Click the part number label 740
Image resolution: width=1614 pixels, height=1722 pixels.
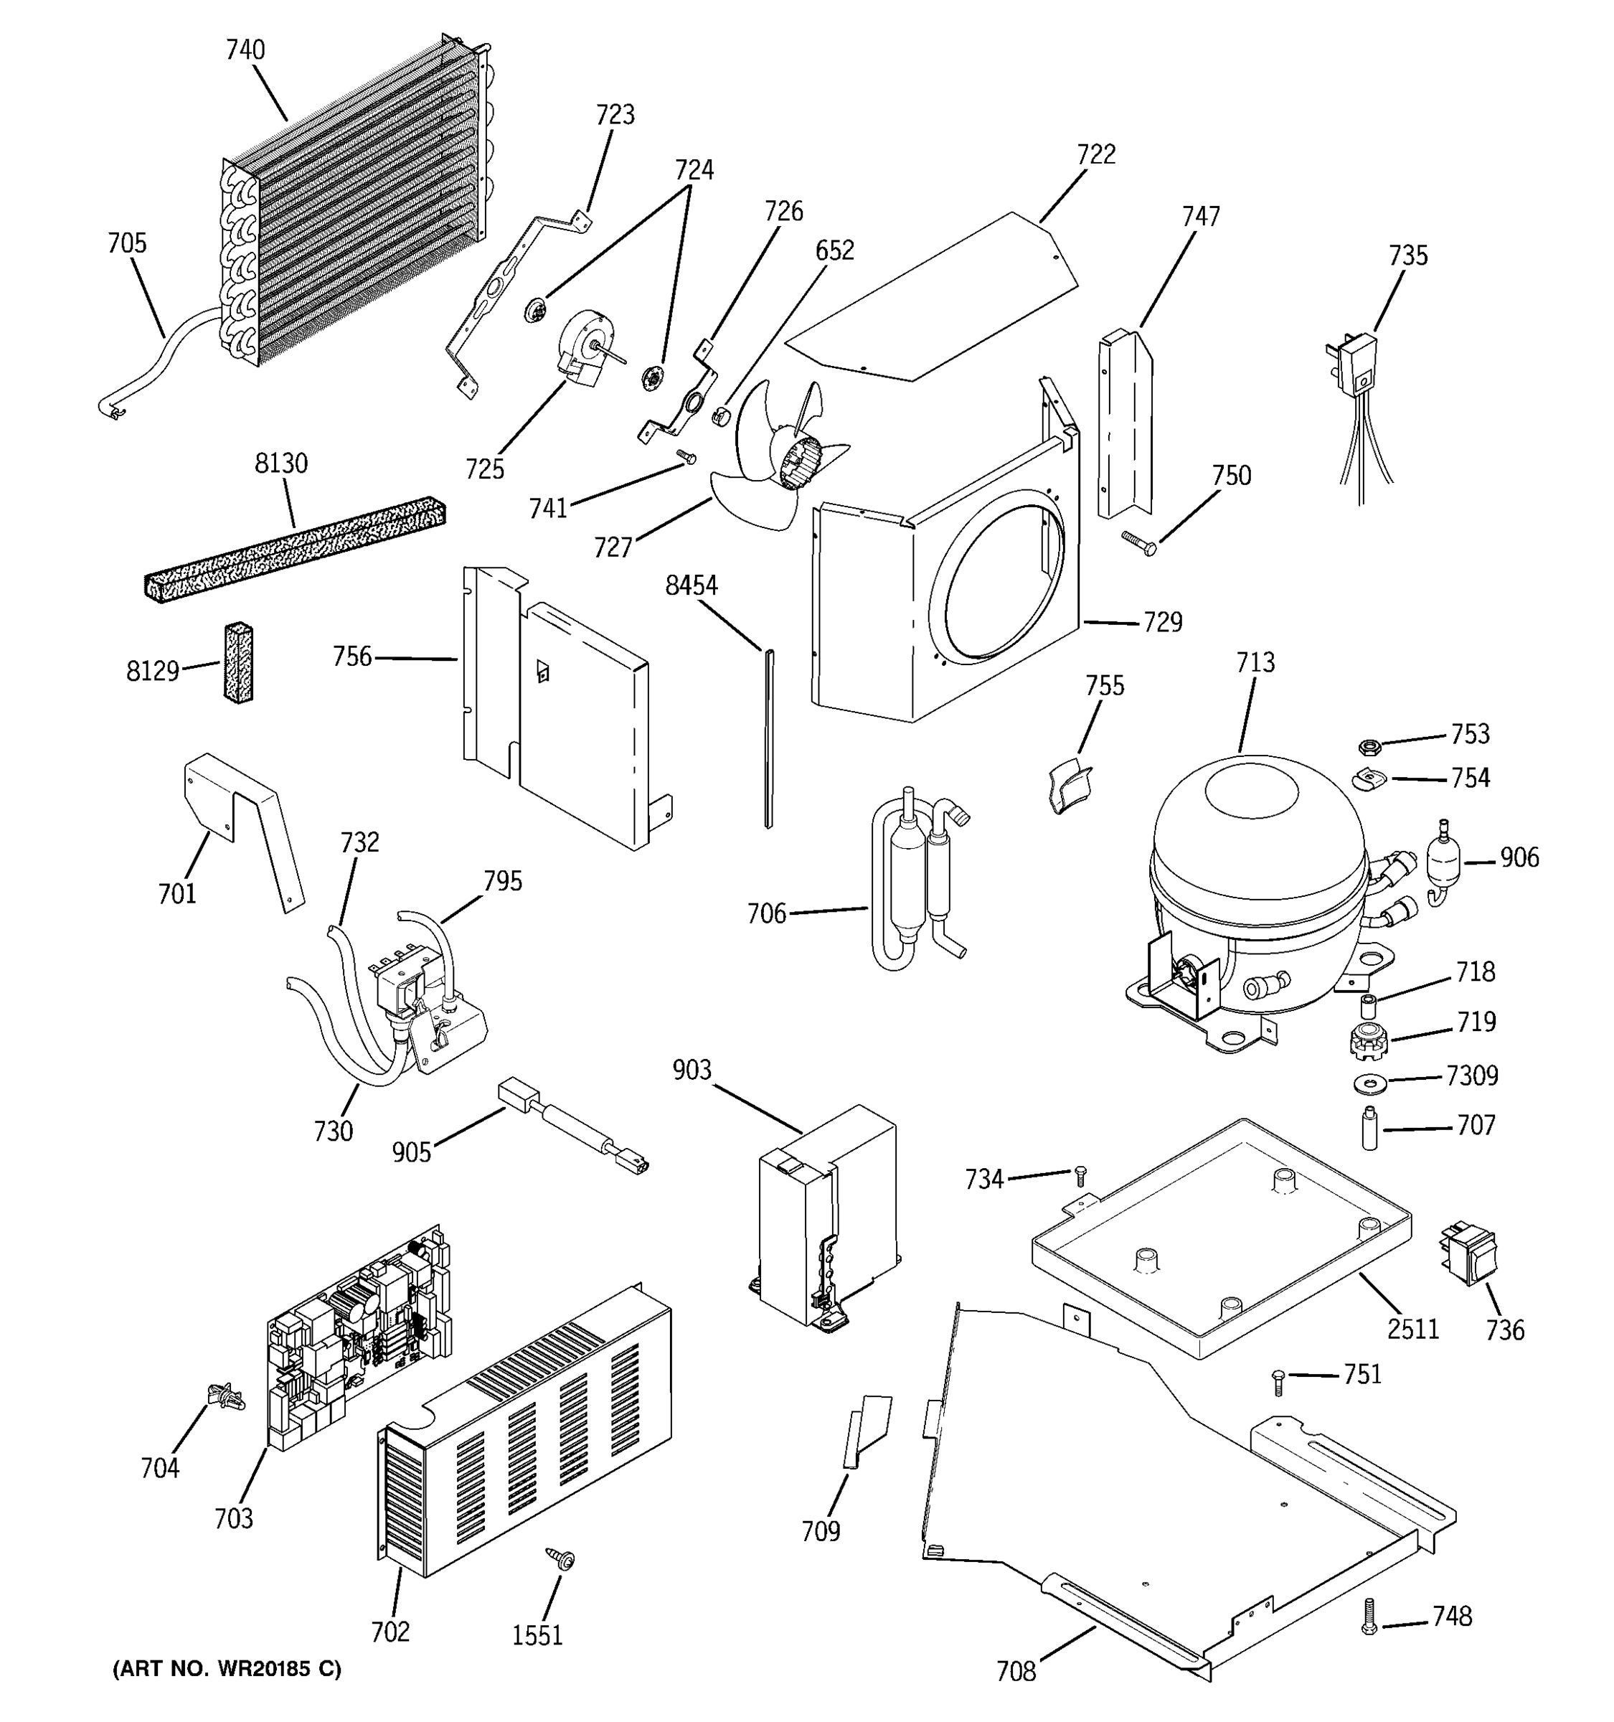tap(245, 50)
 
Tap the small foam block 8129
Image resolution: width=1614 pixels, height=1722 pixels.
tap(238, 661)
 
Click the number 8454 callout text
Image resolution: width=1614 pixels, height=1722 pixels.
tap(691, 586)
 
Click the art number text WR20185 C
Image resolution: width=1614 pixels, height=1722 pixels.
tap(227, 1669)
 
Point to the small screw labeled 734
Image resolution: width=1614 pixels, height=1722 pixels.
tap(1079, 1175)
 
